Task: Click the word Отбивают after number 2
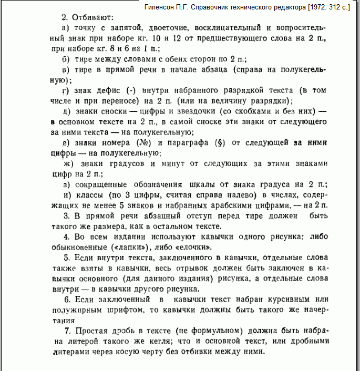click(x=92, y=18)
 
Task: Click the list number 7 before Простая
click(x=67, y=331)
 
